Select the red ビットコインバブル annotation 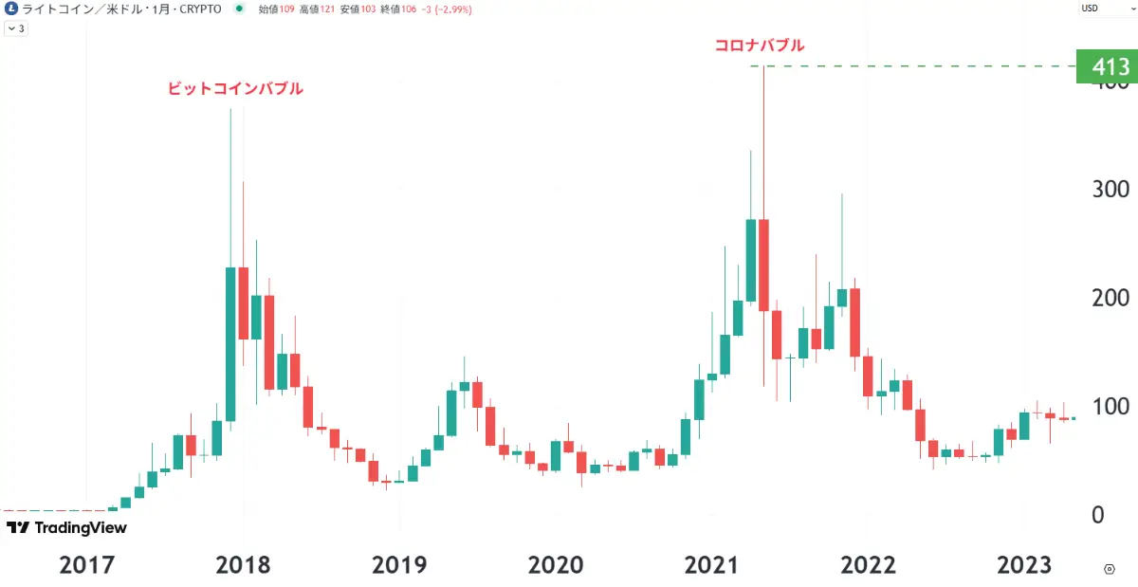[235, 88]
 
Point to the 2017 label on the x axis [86, 565]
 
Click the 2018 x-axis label [243, 565]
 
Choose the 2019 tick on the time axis [399, 565]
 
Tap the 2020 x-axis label [556, 565]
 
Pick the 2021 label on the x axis [711, 565]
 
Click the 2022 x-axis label [868, 565]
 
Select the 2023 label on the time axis [1024, 565]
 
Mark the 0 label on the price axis [1097, 515]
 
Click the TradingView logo [66, 528]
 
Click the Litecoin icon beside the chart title [10, 9]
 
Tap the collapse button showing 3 [16, 28]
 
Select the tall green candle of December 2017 [229, 343]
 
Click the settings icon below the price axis [1109, 568]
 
